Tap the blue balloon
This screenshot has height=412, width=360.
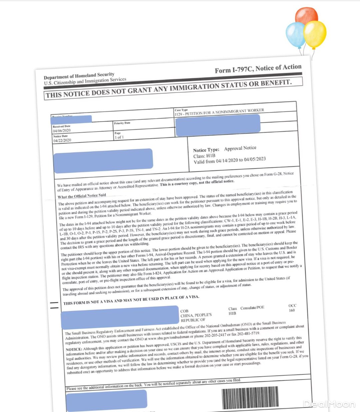(x=296, y=35)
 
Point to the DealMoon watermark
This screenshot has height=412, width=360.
(x=329, y=404)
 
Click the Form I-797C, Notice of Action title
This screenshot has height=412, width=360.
(x=258, y=69)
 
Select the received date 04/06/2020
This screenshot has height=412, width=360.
(x=62, y=131)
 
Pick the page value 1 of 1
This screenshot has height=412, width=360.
(x=119, y=137)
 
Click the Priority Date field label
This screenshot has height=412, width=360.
(x=122, y=123)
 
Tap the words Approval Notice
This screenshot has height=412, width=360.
(x=240, y=148)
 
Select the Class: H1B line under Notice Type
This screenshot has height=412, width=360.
(x=204, y=156)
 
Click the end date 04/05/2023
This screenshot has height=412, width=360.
(x=255, y=159)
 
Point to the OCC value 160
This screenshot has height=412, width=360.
(x=292, y=310)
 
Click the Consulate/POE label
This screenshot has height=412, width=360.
(x=252, y=308)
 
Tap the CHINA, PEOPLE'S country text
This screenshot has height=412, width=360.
(x=196, y=315)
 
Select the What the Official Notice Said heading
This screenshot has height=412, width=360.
(x=82, y=196)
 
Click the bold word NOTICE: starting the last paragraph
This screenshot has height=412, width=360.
(x=74, y=349)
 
